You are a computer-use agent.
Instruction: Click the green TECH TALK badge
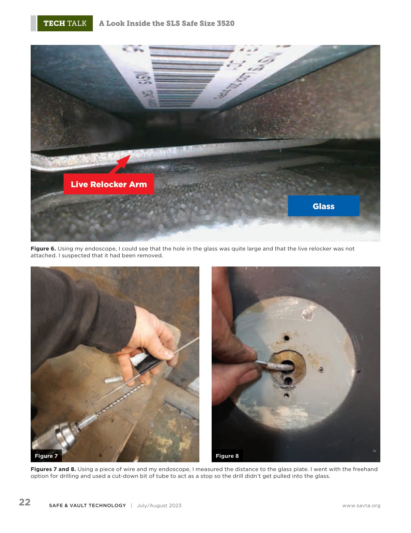point(65,23)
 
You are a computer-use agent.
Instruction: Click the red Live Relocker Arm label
point(109,184)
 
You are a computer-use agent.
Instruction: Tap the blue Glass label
point(323,206)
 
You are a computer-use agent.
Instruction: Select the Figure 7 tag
point(46,456)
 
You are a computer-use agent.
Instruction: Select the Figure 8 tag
point(227,456)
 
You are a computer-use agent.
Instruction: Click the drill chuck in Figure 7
point(58,437)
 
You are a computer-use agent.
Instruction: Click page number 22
point(25,502)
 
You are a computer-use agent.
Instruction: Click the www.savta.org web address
point(361,505)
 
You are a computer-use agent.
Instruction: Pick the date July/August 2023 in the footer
point(159,505)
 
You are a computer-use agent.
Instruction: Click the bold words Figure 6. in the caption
point(43,249)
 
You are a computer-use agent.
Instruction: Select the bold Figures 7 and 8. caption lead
point(53,469)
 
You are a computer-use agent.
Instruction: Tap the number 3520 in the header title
point(225,23)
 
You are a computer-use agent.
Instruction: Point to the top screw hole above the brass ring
point(287,338)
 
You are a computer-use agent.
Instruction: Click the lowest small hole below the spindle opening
point(287,395)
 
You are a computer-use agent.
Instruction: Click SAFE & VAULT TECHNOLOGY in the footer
point(88,505)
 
